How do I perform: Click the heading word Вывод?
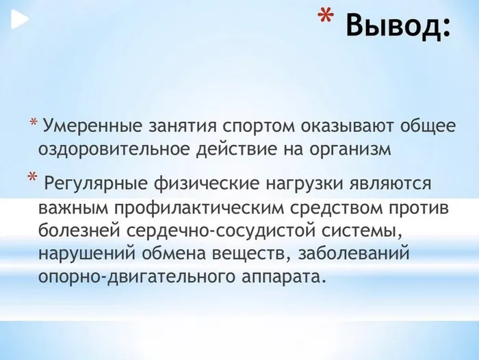(x=398, y=26)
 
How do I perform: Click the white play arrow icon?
(x=19, y=21)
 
